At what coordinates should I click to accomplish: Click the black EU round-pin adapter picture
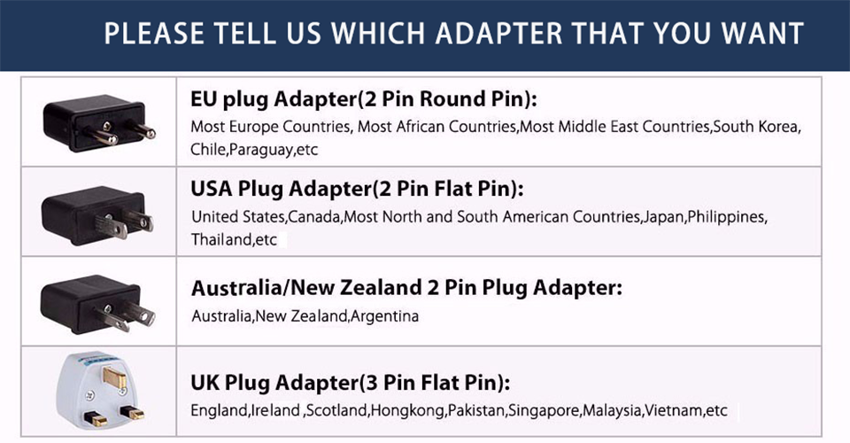98,122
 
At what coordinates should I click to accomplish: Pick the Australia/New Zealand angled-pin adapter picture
97,304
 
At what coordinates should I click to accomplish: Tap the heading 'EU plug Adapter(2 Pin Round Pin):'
363,100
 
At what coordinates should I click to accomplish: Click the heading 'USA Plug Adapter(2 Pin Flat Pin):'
357,190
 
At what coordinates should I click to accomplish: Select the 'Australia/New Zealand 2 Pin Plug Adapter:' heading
406,288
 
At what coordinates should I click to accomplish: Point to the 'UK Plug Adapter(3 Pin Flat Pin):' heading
351,383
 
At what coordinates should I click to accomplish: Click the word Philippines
726,217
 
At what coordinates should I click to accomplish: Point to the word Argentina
384,316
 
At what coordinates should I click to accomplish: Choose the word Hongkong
407,411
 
